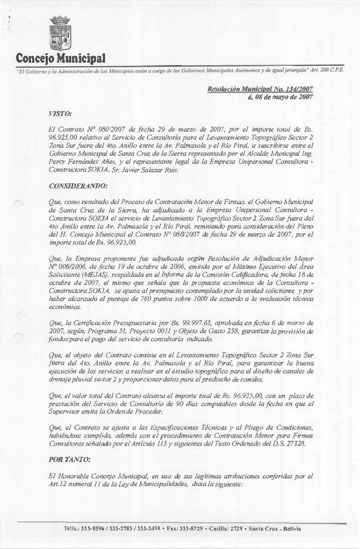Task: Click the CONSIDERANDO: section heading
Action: (74, 185)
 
